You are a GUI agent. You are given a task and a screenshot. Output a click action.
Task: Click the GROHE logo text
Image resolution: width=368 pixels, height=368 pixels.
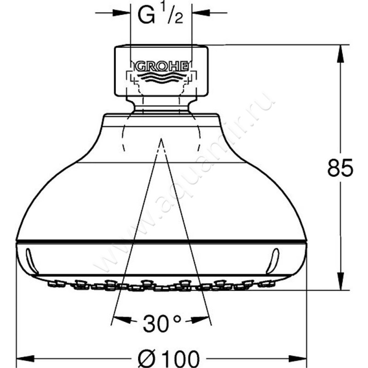tap(162, 67)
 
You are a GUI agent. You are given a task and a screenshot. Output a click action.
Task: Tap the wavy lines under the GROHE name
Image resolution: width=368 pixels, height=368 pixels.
tap(162, 77)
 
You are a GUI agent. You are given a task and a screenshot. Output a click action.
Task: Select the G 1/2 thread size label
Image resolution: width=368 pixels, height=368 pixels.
tap(161, 15)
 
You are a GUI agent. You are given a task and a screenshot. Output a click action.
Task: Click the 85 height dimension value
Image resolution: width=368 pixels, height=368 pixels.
tap(340, 167)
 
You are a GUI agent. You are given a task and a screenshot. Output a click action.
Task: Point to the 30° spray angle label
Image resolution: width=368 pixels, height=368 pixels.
tap(162, 324)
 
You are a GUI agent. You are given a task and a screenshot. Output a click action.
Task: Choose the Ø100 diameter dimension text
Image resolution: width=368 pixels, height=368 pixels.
tap(168, 358)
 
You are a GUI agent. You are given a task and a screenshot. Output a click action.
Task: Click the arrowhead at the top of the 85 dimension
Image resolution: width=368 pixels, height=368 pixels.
tap(340, 53)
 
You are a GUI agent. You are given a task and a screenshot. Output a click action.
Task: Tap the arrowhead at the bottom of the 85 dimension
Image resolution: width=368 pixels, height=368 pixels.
tap(340, 281)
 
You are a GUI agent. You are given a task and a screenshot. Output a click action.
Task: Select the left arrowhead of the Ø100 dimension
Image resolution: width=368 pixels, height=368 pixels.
tap(25, 359)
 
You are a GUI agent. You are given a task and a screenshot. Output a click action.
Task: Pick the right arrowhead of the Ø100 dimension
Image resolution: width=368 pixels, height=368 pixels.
tap(298, 359)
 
